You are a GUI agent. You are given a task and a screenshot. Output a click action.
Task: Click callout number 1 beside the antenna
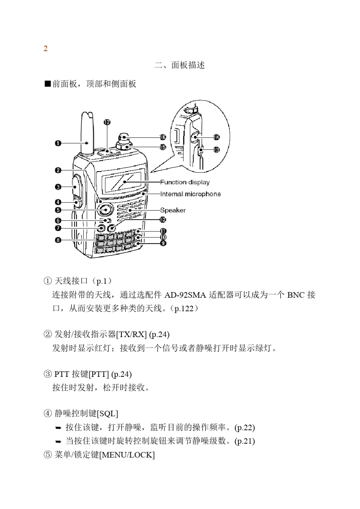click(x=58, y=143)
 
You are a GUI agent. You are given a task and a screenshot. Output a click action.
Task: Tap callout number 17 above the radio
click(x=107, y=122)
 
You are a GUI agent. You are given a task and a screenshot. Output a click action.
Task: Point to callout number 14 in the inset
click(x=216, y=137)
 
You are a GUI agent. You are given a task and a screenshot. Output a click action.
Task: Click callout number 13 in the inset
click(x=216, y=150)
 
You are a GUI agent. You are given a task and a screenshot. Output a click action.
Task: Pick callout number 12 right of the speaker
click(x=163, y=219)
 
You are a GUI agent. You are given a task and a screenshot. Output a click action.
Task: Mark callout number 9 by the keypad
click(x=163, y=243)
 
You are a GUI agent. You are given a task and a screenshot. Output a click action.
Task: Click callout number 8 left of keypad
click(x=58, y=240)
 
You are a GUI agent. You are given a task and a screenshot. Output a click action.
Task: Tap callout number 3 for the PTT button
click(x=58, y=187)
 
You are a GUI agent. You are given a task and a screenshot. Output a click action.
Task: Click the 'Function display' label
click(x=185, y=182)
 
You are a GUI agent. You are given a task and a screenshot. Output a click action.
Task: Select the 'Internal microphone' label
click(x=190, y=194)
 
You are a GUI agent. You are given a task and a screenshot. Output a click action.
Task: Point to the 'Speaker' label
click(x=173, y=210)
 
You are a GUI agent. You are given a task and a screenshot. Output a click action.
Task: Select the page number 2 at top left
click(x=45, y=48)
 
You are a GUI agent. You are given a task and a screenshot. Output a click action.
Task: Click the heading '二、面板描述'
click(x=180, y=65)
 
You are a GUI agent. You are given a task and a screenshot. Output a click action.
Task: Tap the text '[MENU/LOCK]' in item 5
click(x=127, y=455)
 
